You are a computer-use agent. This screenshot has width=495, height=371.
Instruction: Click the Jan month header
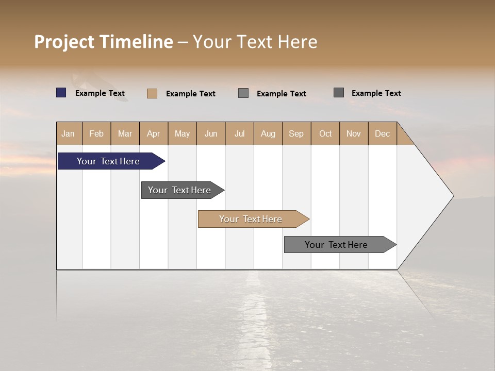pos(69,133)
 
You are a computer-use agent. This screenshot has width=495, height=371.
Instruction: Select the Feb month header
pos(96,133)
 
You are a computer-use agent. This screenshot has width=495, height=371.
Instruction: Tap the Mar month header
pos(125,133)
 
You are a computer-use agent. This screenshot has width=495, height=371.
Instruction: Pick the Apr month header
pos(154,133)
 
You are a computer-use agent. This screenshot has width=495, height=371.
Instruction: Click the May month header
pos(182,133)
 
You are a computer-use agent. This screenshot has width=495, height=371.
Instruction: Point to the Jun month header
pos(211,133)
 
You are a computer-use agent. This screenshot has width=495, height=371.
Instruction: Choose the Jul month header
pos(239,133)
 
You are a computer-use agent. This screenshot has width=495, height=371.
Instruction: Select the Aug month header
pos(268,133)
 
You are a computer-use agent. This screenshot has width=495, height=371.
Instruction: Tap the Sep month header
pos(296,133)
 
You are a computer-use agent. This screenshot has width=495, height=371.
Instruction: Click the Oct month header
pos(325,133)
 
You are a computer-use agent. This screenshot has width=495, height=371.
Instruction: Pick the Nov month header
pos(354,133)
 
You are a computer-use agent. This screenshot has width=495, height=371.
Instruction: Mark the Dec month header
pos(383,133)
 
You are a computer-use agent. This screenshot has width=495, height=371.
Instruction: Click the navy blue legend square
pos(61,93)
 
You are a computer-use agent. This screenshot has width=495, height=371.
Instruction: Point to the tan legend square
pos(152,93)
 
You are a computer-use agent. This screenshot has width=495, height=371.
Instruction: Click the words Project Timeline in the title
pos(104,42)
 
